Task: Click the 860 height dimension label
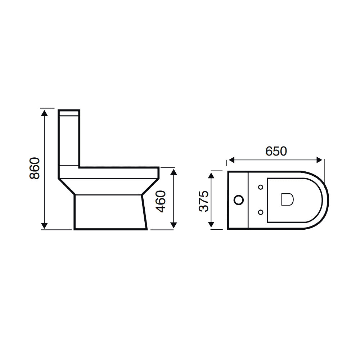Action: click(x=34, y=168)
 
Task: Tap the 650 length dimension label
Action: click(x=276, y=151)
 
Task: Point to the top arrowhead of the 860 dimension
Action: click(x=44, y=113)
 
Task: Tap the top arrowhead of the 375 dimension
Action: click(x=212, y=175)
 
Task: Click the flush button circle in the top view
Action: click(x=238, y=199)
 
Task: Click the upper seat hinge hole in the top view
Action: click(x=261, y=187)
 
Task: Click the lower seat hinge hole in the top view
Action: click(x=261, y=212)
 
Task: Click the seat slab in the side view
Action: click(x=119, y=172)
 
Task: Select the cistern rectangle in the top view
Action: click(x=238, y=200)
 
